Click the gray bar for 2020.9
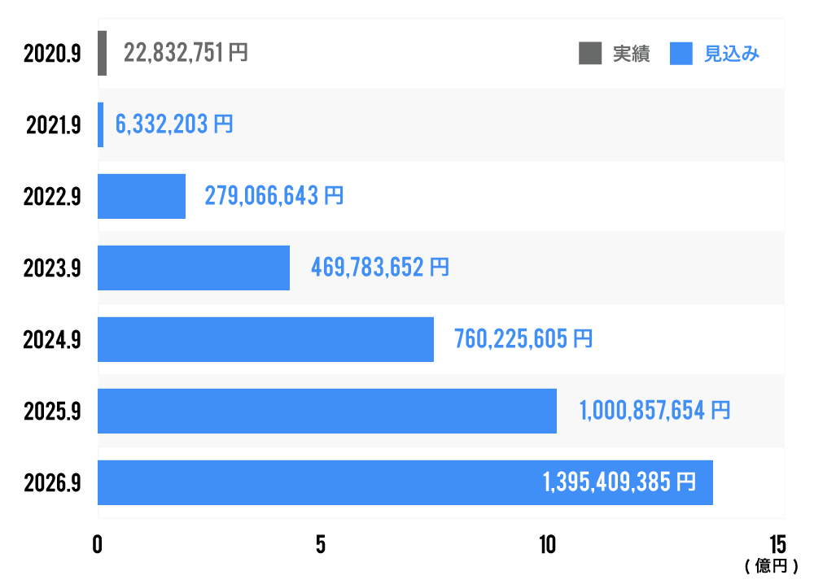pos(102,53)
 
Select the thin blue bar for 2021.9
pos(100,124)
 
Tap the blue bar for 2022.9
pos(142,196)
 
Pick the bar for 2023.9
pos(194,268)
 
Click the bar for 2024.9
pos(265,339)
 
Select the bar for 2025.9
pos(327,411)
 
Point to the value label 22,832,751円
pos(186,53)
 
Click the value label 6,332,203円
pos(174,124)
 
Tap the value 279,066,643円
pos(274,196)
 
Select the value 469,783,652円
pos(380,268)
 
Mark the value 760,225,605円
pos(523,339)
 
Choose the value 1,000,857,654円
pos(654,411)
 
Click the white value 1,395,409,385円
pos(619,482)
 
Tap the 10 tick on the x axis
pos(547,545)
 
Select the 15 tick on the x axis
pos(777,545)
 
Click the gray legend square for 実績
pos(589,54)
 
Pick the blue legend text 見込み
pos(732,54)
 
